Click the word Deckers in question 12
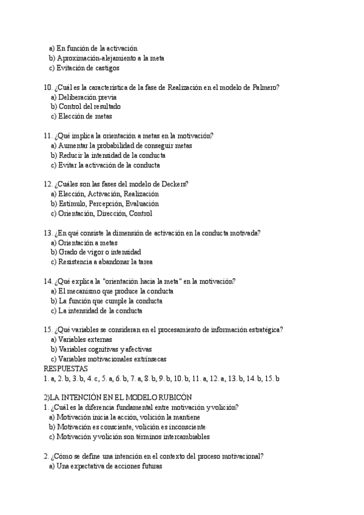[x=173, y=185]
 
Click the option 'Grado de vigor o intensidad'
[x=99, y=252]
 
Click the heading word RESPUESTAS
[x=66, y=369]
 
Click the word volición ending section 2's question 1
[x=224, y=408]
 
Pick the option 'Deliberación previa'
[x=87, y=97]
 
